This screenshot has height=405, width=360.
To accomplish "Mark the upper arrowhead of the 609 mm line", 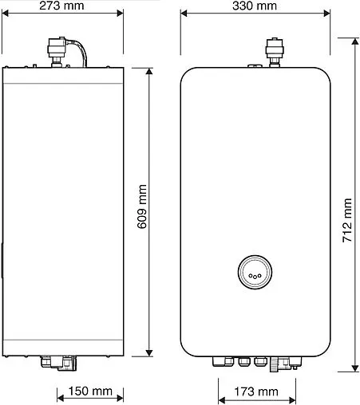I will (149, 70).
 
